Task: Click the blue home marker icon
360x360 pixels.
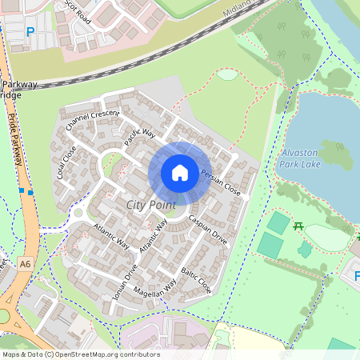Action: (180, 172)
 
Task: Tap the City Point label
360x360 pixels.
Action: (150, 206)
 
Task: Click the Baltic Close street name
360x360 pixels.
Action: (196, 279)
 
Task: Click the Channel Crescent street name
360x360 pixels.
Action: (93, 121)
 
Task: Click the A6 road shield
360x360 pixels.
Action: (26, 263)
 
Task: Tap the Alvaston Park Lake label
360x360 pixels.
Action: (300, 158)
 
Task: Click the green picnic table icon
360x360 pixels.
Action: (298, 227)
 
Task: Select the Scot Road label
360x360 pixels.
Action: (78, 11)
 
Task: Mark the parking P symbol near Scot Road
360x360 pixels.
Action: (30, 33)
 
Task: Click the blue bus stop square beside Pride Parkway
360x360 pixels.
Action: (30, 192)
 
